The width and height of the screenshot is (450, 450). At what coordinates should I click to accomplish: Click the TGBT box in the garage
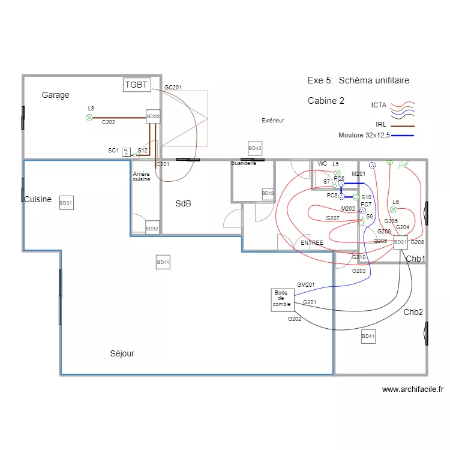point(136,85)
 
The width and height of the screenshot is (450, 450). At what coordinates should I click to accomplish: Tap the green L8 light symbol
point(89,118)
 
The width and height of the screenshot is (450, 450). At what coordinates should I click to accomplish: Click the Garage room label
point(55,95)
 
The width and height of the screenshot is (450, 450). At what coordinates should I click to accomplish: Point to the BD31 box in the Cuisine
point(66,203)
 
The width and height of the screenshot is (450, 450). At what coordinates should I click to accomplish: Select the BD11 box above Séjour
point(163,262)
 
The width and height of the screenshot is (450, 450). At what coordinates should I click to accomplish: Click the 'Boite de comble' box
point(282,299)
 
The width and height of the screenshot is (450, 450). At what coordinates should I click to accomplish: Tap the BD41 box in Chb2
point(368,337)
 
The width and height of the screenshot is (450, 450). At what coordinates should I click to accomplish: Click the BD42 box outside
point(255,148)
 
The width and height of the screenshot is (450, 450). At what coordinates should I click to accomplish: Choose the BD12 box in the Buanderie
point(268,193)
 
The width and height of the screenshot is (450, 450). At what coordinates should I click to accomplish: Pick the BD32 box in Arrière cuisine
point(152,228)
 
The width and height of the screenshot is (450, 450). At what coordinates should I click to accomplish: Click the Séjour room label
point(122,353)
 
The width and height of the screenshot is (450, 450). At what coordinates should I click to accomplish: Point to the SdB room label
point(183,203)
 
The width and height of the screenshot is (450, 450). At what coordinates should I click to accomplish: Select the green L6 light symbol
point(393,209)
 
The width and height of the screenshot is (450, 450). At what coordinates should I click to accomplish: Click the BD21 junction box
point(400,242)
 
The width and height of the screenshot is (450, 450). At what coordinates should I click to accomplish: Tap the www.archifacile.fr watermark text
point(412,389)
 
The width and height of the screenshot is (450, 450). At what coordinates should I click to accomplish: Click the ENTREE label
point(312,243)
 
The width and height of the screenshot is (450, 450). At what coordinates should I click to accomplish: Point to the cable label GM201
point(306,284)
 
